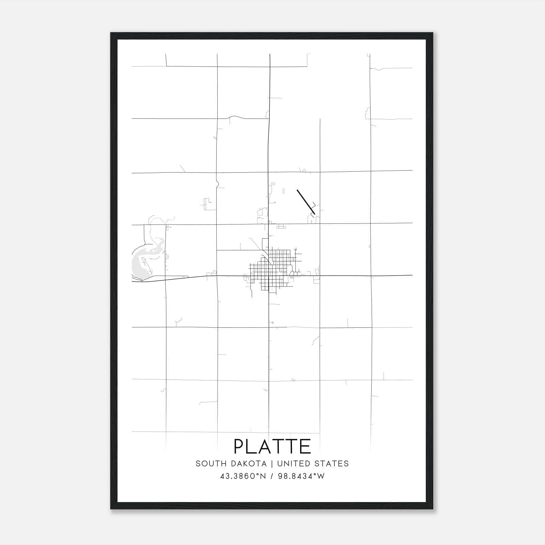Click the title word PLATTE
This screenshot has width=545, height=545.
click(x=272, y=446)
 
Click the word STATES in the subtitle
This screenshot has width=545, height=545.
click(x=332, y=464)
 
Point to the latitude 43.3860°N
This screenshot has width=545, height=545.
click(x=243, y=476)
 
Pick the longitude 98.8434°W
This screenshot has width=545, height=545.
click(x=301, y=476)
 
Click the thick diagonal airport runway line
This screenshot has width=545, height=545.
click(x=306, y=202)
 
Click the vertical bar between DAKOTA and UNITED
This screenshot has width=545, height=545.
click(x=272, y=464)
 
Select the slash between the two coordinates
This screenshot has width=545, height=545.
click(x=272, y=476)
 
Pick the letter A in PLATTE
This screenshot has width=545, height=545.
click(x=265, y=446)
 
